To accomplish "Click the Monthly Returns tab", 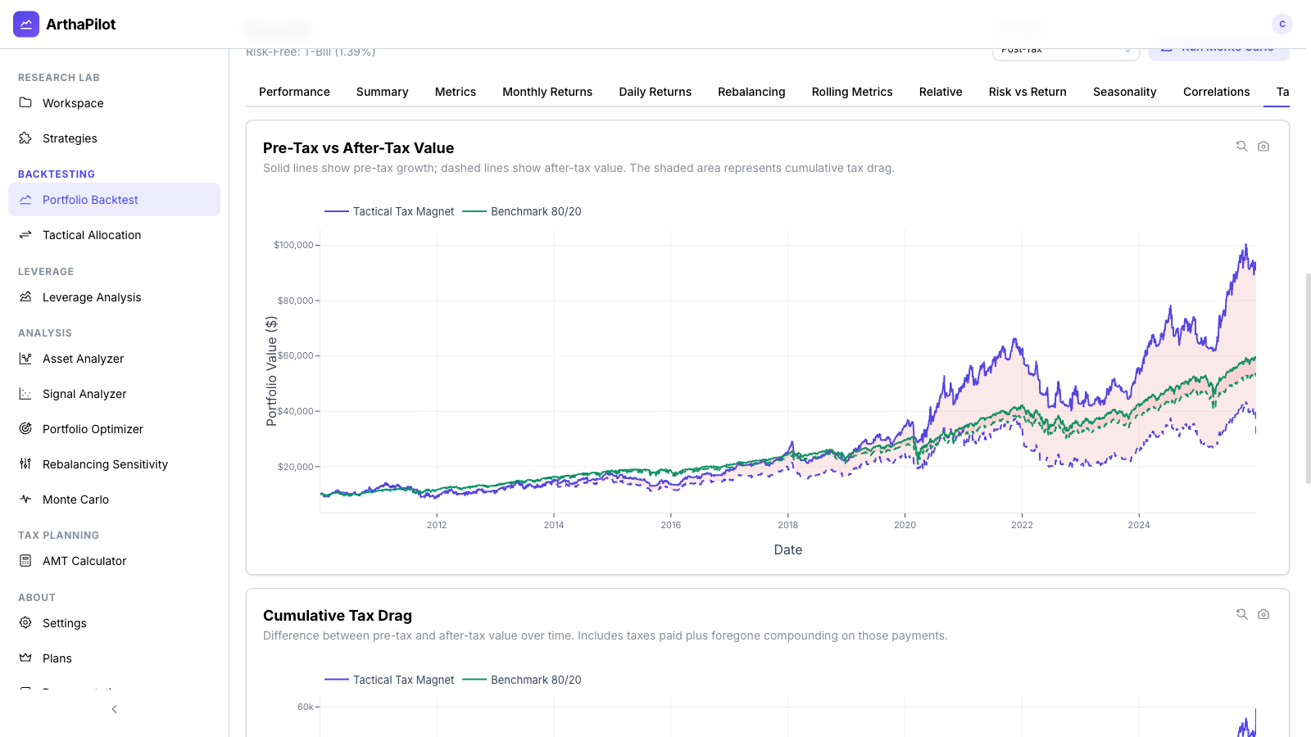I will [x=547, y=92].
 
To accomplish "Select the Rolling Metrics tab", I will [x=851, y=92].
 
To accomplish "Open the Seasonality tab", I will [x=1124, y=92].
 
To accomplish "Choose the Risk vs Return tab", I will [x=1027, y=92].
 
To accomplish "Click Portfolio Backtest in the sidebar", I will [x=90, y=200].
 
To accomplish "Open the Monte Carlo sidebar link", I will [x=75, y=500].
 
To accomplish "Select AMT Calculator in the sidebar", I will [x=84, y=561].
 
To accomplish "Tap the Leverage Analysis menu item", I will [x=92, y=297].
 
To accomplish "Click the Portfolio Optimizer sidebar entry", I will [x=93, y=429].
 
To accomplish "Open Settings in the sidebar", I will [x=64, y=623].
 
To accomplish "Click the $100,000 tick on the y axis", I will [x=293, y=245].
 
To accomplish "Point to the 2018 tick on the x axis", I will [x=787, y=525].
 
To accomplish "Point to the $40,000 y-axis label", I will [x=295, y=411].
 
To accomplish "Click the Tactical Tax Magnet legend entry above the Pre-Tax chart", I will [x=389, y=211].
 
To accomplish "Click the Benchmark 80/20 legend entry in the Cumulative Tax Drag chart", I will [x=522, y=680].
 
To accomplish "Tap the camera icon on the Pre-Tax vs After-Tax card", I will [x=1263, y=147].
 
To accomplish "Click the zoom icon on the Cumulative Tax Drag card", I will [x=1241, y=614].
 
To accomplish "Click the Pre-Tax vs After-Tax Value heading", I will [x=358, y=148].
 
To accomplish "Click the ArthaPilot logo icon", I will [x=26, y=25].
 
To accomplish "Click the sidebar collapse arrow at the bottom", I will [x=114, y=709].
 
